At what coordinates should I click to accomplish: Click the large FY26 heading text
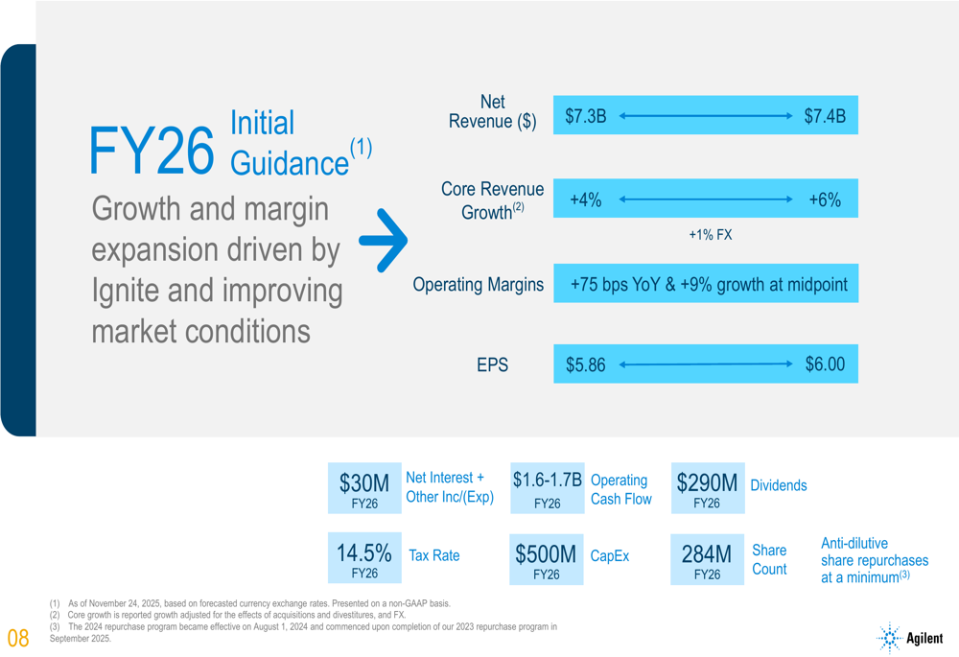click(x=151, y=151)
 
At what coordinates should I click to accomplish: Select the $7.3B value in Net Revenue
click(x=585, y=117)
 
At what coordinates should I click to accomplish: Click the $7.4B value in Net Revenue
click(x=824, y=117)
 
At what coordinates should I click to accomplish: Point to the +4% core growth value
click(x=585, y=199)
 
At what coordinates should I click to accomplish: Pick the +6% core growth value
click(x=824, y=199)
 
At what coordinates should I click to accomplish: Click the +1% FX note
click(x=710, y=235)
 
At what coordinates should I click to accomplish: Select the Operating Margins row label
click(x=478, y=285)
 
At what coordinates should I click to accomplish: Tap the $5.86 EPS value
click(x=585, y=365)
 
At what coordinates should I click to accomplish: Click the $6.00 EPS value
click(x=824, y=364)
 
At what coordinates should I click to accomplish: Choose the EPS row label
click(x=492, y=365)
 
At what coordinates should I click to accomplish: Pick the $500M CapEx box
click(x=546, y=559)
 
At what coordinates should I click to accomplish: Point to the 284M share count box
click(x=707, y=559)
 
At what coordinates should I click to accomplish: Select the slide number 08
click(x=19, y=638)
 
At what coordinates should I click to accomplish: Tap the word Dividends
click(x=778, y=485)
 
